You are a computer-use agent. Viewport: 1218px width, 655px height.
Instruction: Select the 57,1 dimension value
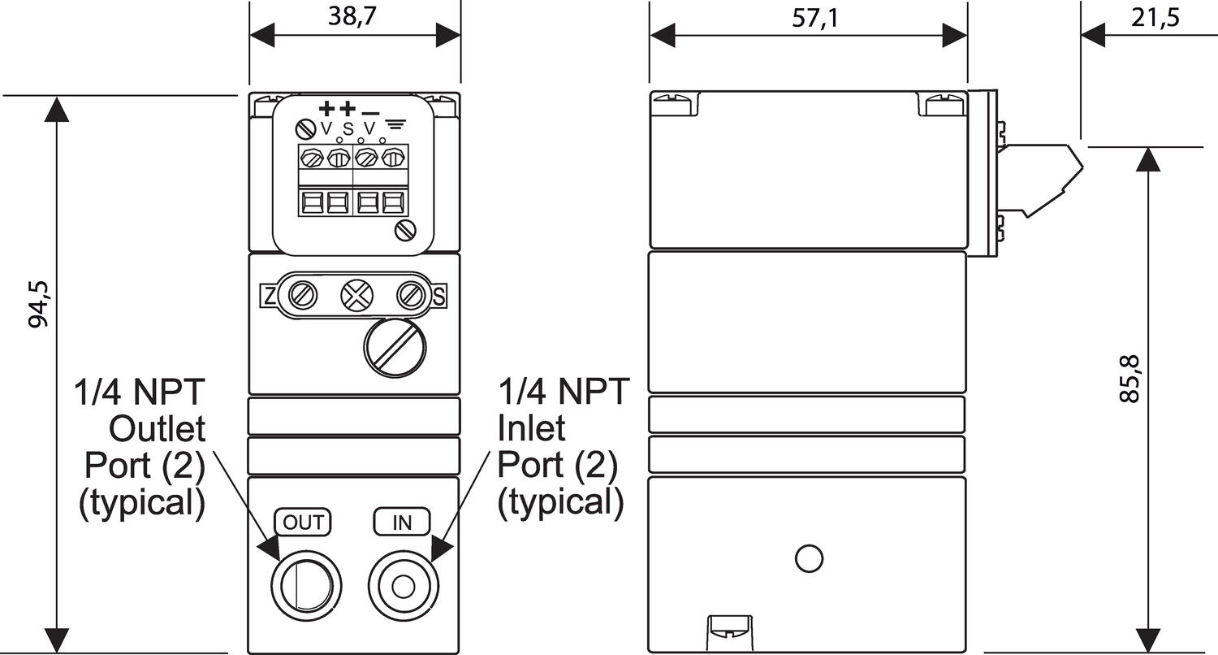point(814,19)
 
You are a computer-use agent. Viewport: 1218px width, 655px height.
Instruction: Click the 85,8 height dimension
point(1129,379)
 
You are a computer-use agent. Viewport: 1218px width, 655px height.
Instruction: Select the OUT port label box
point(304,522)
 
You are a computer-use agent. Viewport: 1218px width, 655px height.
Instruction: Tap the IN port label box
point(402,522)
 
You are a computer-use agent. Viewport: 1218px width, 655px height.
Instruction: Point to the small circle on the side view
point(809,558)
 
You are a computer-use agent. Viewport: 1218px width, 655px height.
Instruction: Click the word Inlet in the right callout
point(531,427)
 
